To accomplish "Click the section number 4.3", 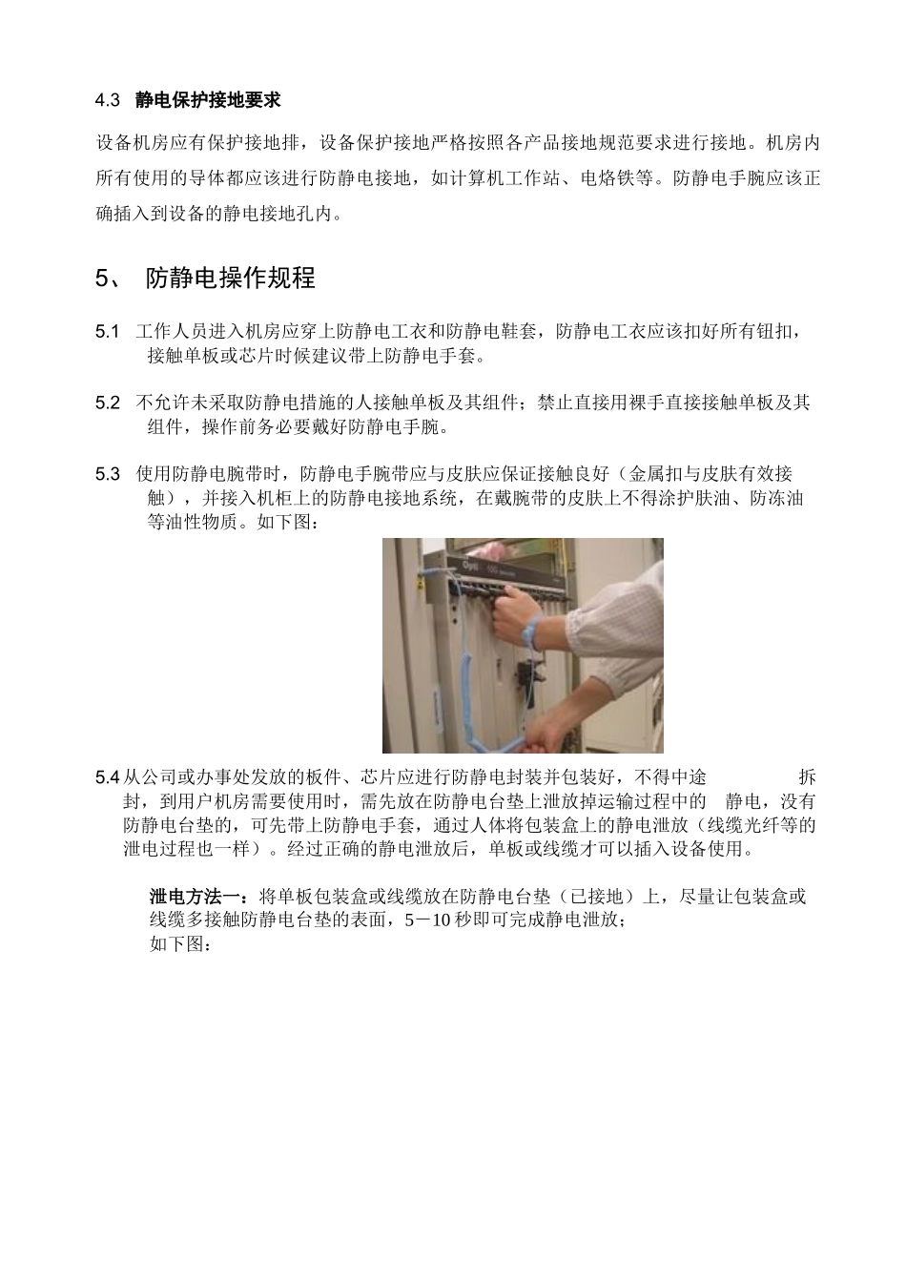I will [x=108, y=100].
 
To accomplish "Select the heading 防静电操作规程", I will [x=230, y=279].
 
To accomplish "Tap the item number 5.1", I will [x=108, y=332].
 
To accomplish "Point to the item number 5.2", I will [x=108, y=403].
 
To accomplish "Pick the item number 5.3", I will [x=108, y=474].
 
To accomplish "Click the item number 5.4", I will [x=108, y=777].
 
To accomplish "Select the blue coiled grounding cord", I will [x=471, y=668].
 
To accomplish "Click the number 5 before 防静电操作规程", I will [x=102, y=279].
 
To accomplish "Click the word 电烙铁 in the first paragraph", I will [x=609, y=177].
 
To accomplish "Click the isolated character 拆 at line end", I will [x=807, y=777].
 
